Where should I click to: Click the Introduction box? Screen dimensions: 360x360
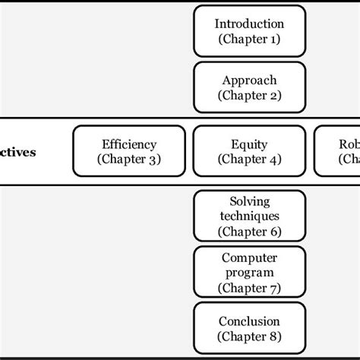[249, 31]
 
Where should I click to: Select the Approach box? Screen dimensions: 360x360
[249, 87]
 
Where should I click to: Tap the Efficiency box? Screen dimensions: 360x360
[129, 151]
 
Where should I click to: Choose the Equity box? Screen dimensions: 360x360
[249, 151]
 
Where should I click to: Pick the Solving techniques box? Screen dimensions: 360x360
[249, 216]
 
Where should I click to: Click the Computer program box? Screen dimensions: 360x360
[249, 272]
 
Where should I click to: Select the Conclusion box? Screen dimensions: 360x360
[249, 328]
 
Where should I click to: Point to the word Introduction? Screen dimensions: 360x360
[249, 24]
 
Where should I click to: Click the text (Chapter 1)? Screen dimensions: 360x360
[249, 39]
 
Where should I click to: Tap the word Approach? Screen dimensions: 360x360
[249, 80]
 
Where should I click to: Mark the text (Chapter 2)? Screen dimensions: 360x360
[249, 96]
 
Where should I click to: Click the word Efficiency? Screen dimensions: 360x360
[129, 144]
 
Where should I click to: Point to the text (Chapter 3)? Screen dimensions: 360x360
[129, 159]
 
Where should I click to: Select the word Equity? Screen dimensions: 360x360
[249, 144]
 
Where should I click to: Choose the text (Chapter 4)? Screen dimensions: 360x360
[249, 159]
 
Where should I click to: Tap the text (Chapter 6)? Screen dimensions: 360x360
[249, 231]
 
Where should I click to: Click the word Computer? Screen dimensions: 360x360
[249, 257]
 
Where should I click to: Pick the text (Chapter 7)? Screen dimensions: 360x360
[249, 288]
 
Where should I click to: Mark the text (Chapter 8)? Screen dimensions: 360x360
[249, 336]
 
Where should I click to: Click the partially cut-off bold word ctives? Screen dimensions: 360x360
[17, 152]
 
